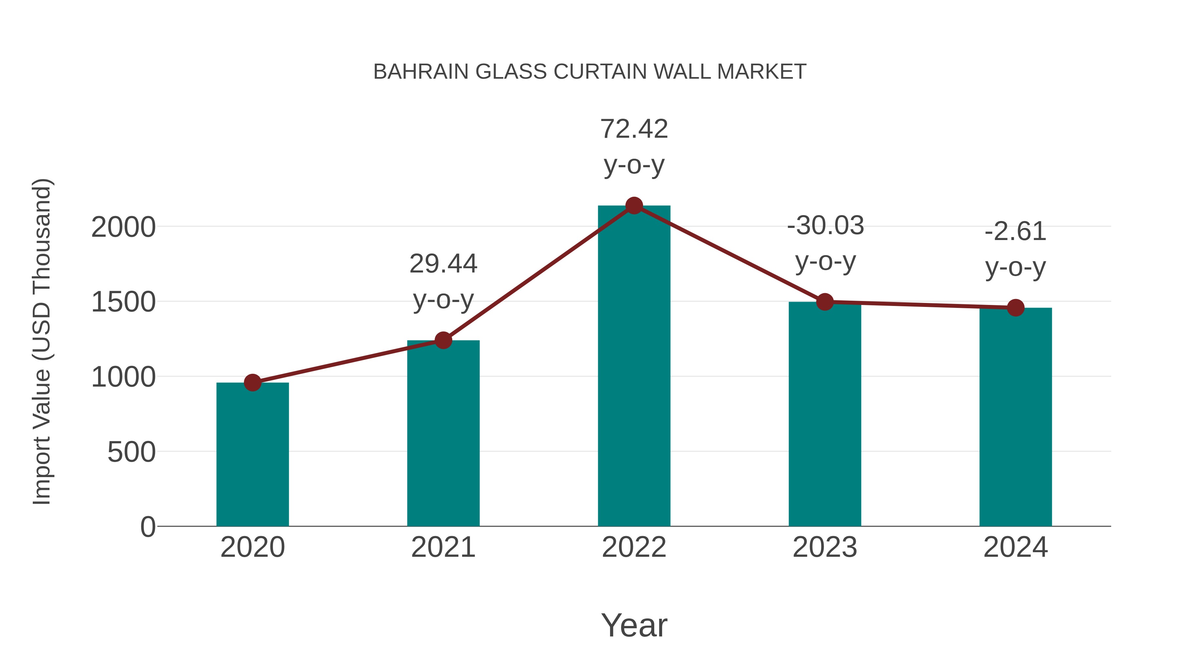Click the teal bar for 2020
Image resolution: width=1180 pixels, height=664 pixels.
click(252, 454)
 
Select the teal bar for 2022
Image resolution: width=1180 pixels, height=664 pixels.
click(634, 367)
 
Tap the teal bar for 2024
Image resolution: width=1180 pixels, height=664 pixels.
click(1015, 417)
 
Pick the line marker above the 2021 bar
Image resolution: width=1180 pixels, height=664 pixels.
click(443, 340)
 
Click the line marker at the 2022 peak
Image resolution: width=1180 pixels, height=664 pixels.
click(634, 206)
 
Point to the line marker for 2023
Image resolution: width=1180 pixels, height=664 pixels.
click(825, 302)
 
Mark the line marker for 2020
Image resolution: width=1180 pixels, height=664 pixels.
click(252, 382)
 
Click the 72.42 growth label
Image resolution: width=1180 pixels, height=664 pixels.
click(634, 129)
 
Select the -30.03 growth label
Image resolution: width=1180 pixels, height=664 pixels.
click(825, 226)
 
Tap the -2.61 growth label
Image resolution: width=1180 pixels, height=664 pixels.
click(1015, 231)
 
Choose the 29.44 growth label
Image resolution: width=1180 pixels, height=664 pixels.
click(443, 264)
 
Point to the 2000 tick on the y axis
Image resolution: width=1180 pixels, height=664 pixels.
click(123, 227)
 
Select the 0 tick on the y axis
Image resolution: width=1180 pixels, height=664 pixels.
click(147, 527)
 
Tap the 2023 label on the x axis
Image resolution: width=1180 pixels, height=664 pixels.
click(825, 547)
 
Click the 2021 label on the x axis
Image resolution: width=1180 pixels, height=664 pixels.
click(443, 547)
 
